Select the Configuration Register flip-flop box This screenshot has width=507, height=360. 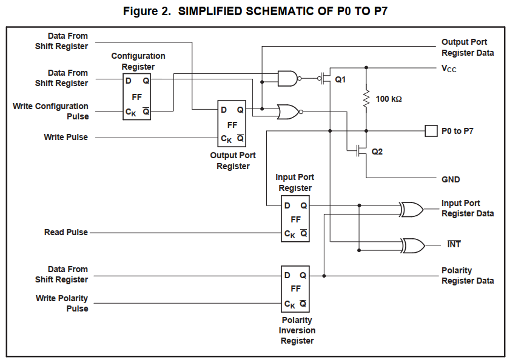[x=136, y=96]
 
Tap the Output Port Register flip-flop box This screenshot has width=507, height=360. [x=232, y=123]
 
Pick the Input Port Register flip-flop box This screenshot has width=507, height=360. [x=295, y=218]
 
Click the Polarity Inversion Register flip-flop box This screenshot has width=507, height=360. [x=295, y=288]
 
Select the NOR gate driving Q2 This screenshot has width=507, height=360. [x=287, y=112]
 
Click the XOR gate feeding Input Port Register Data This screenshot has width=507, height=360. [x=412, y=210]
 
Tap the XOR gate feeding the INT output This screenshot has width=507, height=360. [x=412, y=245]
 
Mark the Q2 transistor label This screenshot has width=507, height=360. [x=377, y=152]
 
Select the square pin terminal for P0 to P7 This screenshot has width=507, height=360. [x=431, y=130]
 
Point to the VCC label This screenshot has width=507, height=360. [x=449, y=68]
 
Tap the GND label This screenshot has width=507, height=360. [x=451, y=179]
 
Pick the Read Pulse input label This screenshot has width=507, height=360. [x=65, y=232]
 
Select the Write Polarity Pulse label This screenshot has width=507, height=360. [x=62, y=303]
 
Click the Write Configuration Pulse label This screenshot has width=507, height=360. [x=50, y=111]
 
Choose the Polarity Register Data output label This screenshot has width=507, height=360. [x=467, y=276]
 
